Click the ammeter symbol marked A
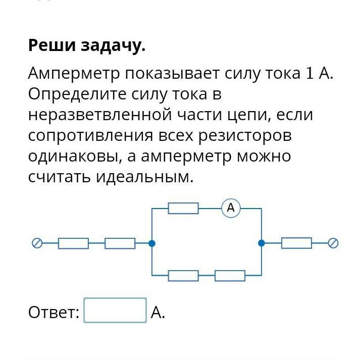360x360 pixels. coord(231,208)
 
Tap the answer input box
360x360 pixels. coord(115,311)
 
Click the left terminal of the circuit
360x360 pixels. coord(37,243)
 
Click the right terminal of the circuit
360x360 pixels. coord(333,243)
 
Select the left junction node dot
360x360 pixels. coord(152,243)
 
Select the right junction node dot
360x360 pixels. coord(262,243)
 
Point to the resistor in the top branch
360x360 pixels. coord(183,208)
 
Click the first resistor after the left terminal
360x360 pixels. coord(73,243)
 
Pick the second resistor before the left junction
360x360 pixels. coord(120,243)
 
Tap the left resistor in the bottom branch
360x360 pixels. coord(183,276)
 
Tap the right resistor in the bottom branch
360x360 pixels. coord(230,276)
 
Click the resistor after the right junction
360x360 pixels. coord(296,243)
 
